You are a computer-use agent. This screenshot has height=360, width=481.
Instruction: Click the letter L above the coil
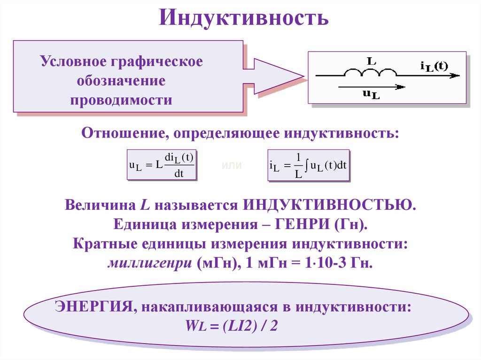pos(371,61)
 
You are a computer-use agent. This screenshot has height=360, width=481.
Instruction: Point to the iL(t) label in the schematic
pos(434,65)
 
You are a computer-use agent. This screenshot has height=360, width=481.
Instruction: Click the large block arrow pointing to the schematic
pos(272,76)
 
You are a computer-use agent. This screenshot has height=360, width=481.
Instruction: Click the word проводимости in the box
pos(121,100)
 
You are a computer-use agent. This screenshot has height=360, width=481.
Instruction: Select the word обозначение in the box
pos(121,81)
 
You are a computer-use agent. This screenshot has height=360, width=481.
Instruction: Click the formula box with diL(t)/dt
pos(162,165)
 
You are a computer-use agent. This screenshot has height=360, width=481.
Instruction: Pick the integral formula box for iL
pos(308,165)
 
